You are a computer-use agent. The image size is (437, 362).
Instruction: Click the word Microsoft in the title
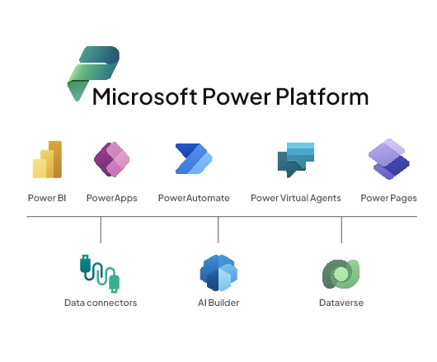click(x=144, y=96)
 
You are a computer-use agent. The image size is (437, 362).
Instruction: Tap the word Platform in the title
click(x=322, y=96)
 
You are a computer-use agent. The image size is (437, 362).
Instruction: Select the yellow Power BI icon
click(x=47, y=159)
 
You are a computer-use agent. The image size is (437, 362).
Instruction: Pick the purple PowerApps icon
click(x=112, y=159)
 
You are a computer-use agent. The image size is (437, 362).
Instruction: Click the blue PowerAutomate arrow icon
click(x=194, y=158)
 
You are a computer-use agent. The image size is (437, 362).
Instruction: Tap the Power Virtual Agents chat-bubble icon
click(x=296, y=160)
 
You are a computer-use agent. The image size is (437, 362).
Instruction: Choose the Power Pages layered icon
click(x=389, y=159)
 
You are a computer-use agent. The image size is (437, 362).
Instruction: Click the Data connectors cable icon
click(x=100, y=274)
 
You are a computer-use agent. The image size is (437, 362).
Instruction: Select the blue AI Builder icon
click(x=218, y=273)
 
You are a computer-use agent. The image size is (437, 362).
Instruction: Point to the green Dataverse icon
click(x=341, y=274)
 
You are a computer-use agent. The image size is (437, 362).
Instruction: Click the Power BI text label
click(x=47, y=198)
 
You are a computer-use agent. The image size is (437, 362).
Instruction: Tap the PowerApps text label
click(x=112, y=198)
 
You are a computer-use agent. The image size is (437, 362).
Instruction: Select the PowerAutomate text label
click(x=194, y=198)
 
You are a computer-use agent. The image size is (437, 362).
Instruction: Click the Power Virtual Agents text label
click(x=296, y=198)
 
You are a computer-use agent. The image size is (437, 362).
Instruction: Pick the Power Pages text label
click(x=389, y=198)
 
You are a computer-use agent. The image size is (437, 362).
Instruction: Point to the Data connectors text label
click(x=101, y=303)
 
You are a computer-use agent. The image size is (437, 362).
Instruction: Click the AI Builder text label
click(x=218, y=303)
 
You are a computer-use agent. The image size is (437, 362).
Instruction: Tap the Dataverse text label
click(x=341, y=303)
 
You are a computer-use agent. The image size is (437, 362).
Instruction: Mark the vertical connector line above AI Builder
click(x=218, y=229)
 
